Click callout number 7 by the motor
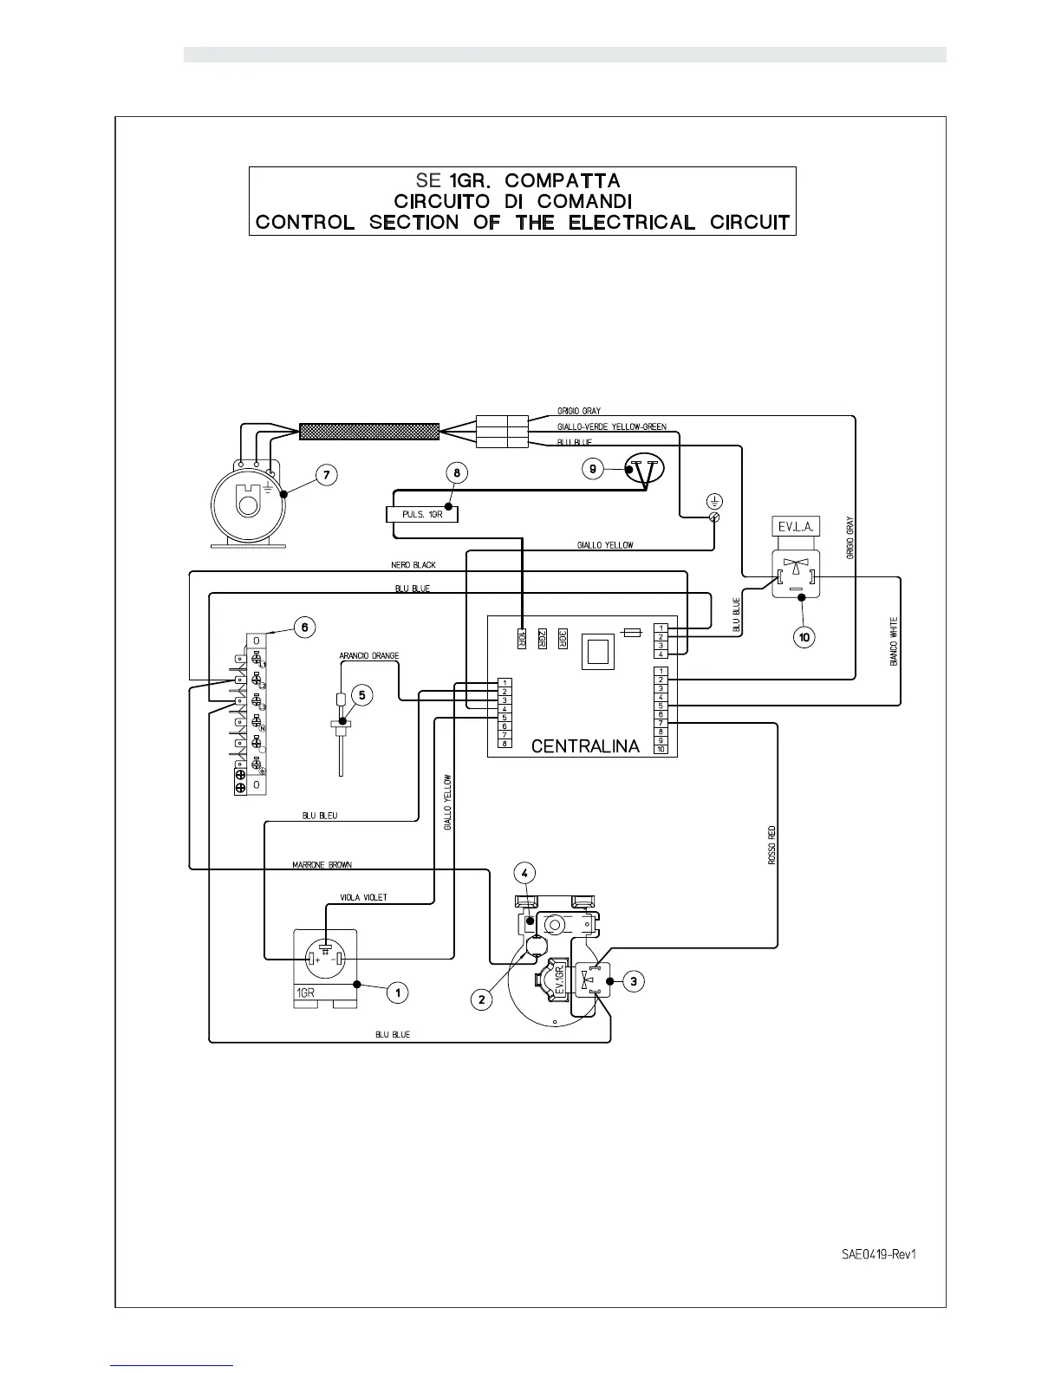(x=325, y=475)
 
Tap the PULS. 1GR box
(x=421, y=514)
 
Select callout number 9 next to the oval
(x=593, y=469)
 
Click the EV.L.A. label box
(x=794, y=527)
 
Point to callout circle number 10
(x=804, y=637)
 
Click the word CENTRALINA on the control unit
(x=585, y=745)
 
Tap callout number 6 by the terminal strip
(x=304, y=627)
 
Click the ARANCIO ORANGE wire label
(x=368, y=656)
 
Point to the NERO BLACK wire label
(x=413, y=565)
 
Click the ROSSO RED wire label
(x=771, y=845)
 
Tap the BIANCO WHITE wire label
(x=894, y=641)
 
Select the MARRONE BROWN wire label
(x=322, y=865)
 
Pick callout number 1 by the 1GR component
(x=397, y=992)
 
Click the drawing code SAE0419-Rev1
(x=878, y=1254)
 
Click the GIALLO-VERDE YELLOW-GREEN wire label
(x=611, y=426)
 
